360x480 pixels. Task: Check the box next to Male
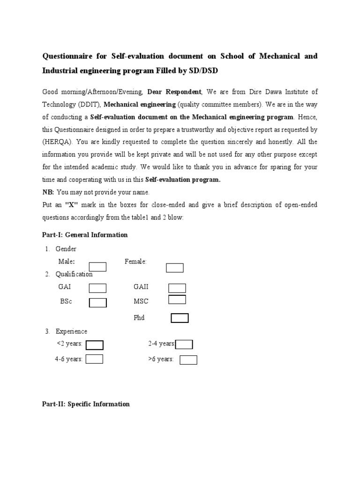coord(97,267)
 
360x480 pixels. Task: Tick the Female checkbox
coord(174,268)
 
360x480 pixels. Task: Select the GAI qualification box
coord(97,288)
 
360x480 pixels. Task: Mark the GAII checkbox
coord(177,288)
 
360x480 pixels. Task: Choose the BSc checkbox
coord(97,302)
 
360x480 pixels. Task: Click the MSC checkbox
coord(177,300)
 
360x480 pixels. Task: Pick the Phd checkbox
coord(180,318)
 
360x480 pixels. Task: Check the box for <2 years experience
coord(95,345)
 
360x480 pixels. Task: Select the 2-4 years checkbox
coord(184,345)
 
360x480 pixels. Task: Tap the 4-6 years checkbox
coord(95,359)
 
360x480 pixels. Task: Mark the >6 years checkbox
coord(188,360)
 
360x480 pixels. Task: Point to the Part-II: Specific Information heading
coord(86,404)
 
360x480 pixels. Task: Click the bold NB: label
coord(48,192)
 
